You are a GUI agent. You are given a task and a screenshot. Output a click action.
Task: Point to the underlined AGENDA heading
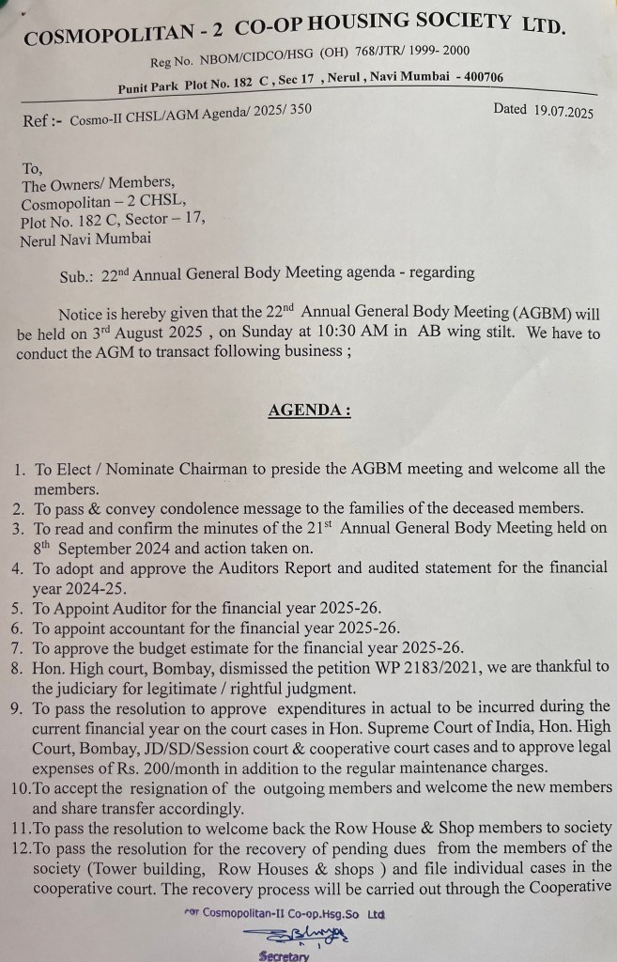click(x=309, y=411)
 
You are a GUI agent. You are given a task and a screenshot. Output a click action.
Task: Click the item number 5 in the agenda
click(x=19, y=609)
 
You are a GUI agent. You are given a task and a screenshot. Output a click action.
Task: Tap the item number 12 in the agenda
click(x=19, y=847)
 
